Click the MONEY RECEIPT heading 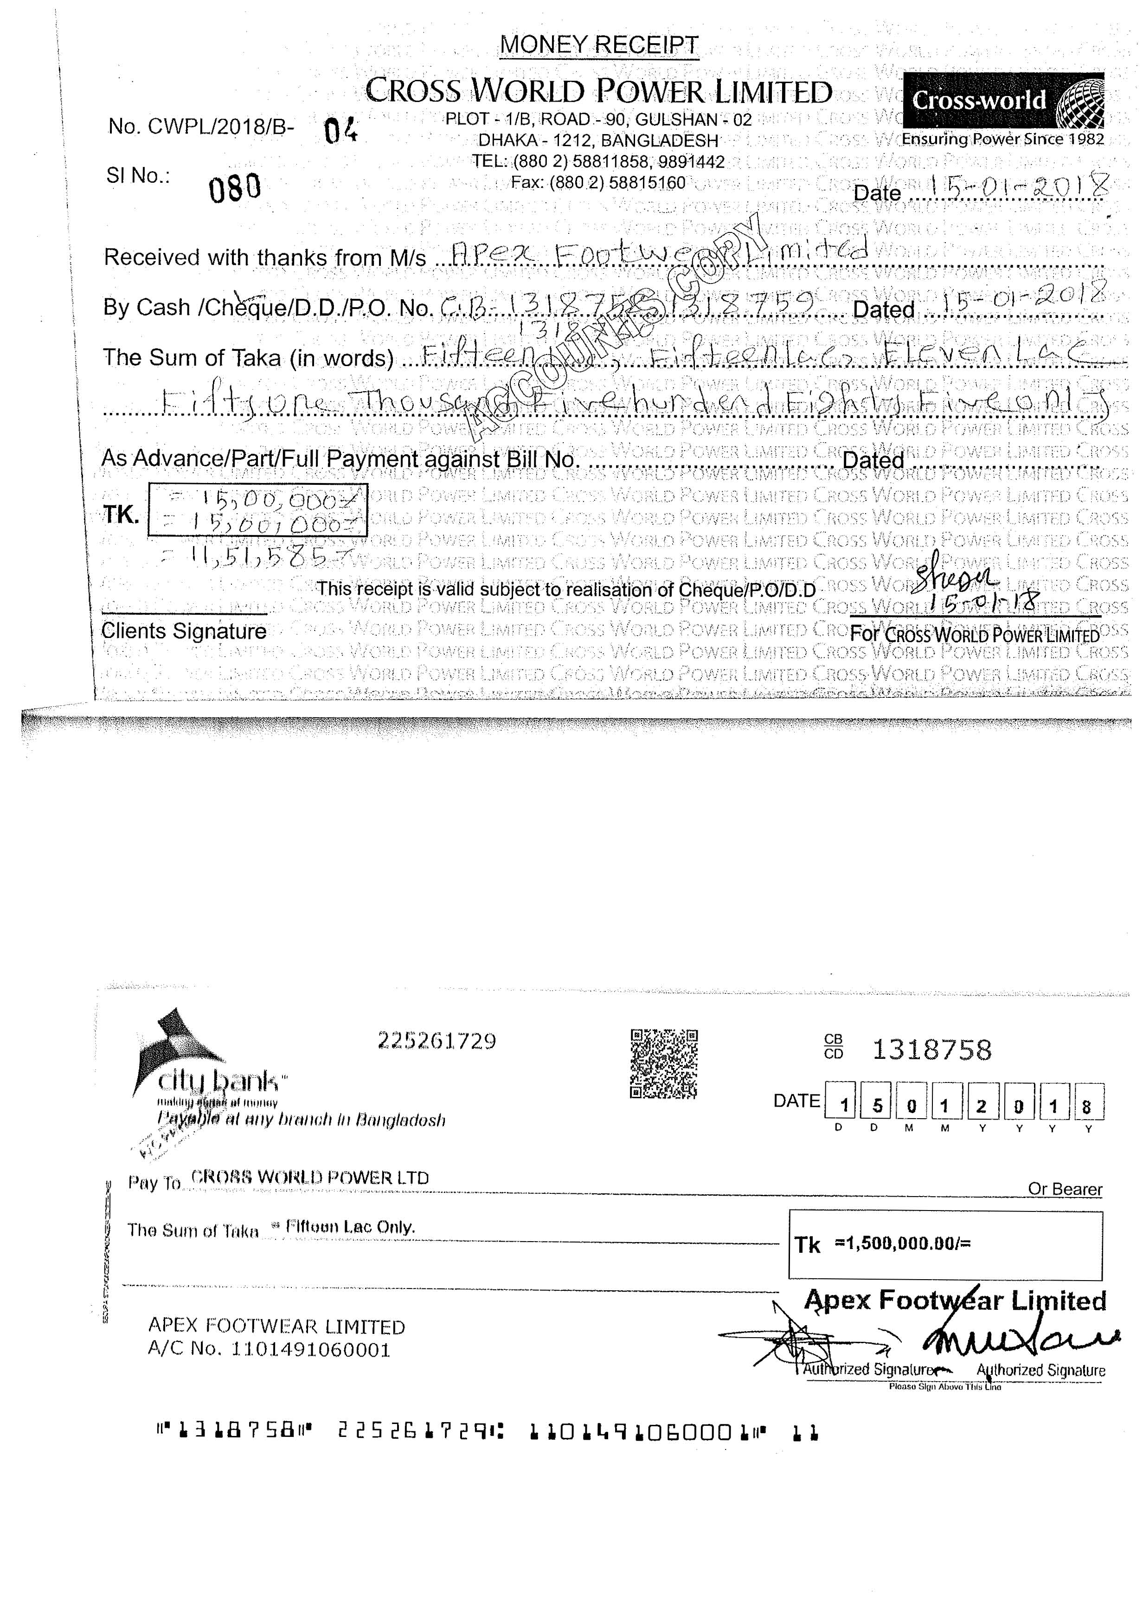599,45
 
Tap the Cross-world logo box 1003,100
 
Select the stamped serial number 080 235,188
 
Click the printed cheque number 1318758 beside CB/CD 931,1050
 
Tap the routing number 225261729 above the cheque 437,1041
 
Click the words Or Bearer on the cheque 1065,1189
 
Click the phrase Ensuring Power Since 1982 1002,139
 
